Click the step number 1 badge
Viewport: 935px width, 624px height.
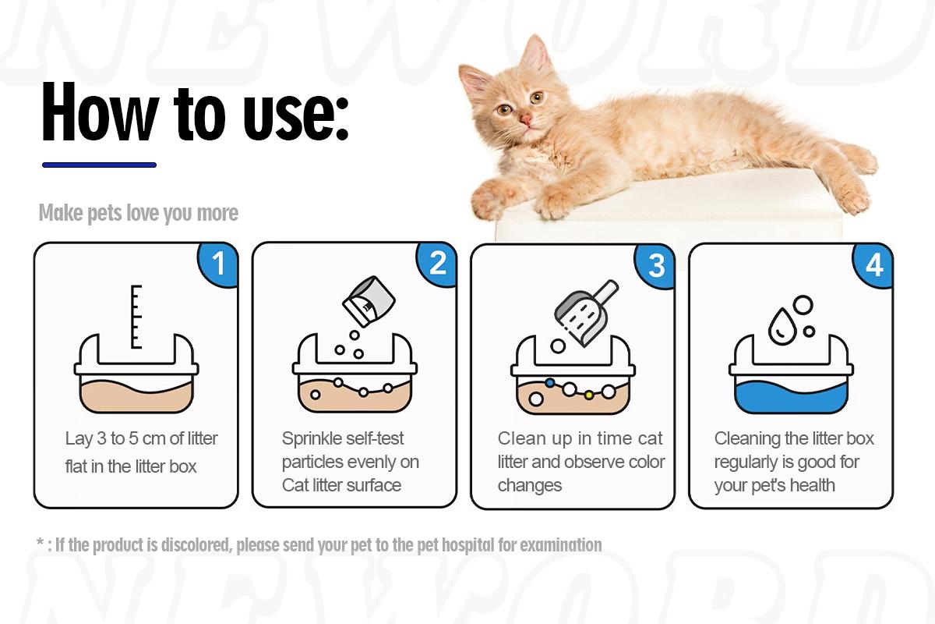click(x=218, y=264)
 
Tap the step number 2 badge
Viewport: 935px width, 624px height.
click(x=437, y=264)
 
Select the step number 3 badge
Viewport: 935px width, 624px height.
click(x=656, y=266)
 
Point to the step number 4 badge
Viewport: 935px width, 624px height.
click(x=873, y=266)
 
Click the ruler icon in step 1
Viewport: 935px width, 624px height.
click(x=137, y=316)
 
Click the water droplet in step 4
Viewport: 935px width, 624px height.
click(x=780, y=326)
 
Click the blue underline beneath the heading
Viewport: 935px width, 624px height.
click(x=99, y=165)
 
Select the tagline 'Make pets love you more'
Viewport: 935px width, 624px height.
click(x=139, y=213)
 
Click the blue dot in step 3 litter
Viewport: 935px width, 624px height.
click(x=550, y=383)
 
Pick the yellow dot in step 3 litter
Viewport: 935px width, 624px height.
click(x=589, y=395)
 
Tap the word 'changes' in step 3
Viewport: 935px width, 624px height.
click(x=530, y=485)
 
